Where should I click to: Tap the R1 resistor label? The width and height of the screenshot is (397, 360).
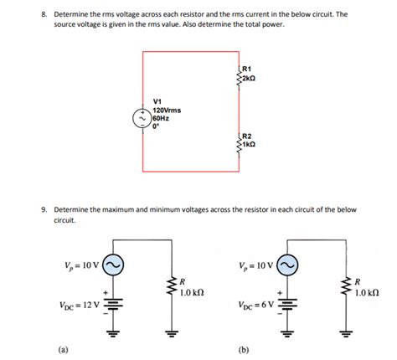tap(247, 69)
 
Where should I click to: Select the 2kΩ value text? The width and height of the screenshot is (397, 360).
tap(249, 78)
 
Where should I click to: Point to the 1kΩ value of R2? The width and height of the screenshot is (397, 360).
tap(249, 143)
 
